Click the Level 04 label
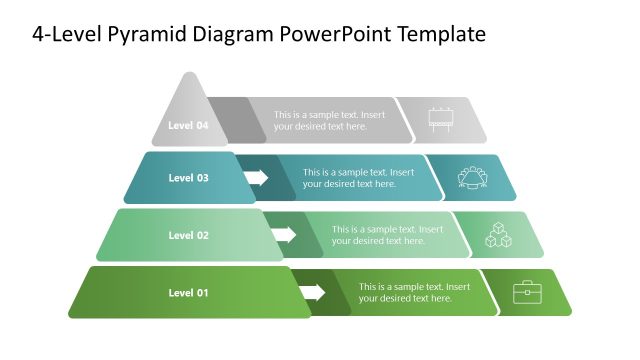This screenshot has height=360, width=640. [188, 126]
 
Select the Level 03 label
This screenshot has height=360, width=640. [188, 178]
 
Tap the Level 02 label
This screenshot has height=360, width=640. [188, 235]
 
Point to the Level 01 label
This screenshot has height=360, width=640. [188, 292]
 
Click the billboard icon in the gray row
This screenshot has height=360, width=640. [440, 120]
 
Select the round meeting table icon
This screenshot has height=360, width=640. [471, 177]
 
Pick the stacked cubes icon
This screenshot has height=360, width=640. [498, 235]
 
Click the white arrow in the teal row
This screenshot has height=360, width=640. [256, 178]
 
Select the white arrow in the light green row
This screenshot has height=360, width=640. [284, 235]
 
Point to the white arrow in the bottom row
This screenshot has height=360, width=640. [313, 292]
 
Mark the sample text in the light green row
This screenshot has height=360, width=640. [386, 235]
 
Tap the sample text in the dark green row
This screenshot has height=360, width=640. [413, 292]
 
